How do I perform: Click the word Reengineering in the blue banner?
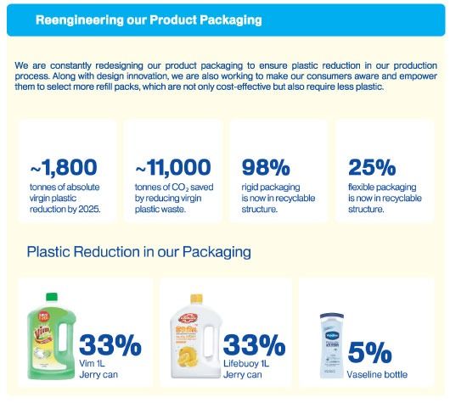tap(79, 20)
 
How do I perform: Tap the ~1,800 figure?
tap(64, 167)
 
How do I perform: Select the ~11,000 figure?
tap(173, 167)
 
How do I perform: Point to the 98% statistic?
tap(266, 167)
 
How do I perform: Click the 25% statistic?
tap(372, 167)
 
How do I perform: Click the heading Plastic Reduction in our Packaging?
tap(139, 252)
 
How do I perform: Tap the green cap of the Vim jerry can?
tap(52, 297)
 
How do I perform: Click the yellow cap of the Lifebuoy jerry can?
tap(196, 299)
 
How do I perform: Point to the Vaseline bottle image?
tap(332, 345)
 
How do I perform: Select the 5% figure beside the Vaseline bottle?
tap(369, 352)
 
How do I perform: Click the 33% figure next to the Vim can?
tap(110, 345)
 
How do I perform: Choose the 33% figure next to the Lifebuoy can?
tap(254, 345)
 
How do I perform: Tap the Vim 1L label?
tap(92, 364)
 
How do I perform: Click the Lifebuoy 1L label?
tap(246, 364)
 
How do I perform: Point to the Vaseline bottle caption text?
tap(377, 375)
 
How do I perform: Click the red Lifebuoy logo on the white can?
tap(188, 319)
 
